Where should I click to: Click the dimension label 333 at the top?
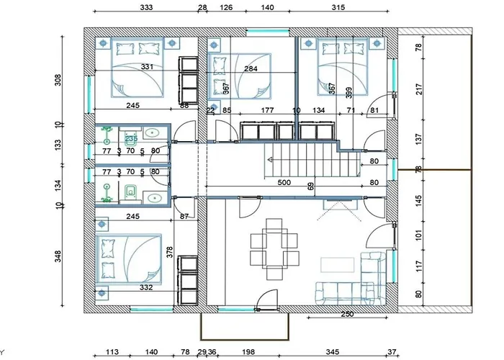(x=146, y=8)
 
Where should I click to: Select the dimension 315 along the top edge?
(x=338, y=8)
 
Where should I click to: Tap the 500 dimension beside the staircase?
(x=284, y=183)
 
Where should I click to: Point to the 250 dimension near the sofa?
(x=346, y=314)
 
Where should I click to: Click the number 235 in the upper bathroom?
(x=131, y=138)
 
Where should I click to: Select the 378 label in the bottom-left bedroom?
(x=170, y=251)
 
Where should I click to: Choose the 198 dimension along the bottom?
(x=249, y=352)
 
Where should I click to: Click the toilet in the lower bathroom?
(x=131, y=192)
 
